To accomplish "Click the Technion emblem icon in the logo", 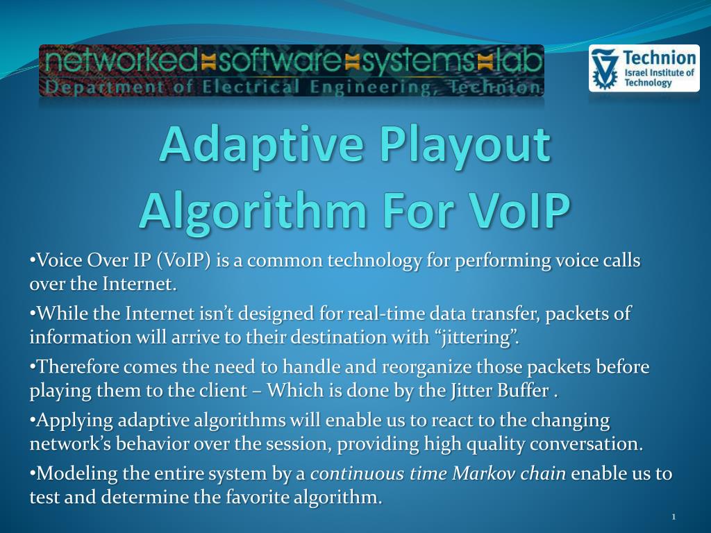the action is point(605,69).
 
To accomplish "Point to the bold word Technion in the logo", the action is point(660,58).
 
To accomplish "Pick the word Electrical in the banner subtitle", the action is point(251,87).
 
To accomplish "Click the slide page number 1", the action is point(674,516).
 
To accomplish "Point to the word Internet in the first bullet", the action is point(138,284).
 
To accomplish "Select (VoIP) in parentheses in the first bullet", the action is point(183,261).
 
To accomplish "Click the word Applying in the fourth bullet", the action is point(75,421).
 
